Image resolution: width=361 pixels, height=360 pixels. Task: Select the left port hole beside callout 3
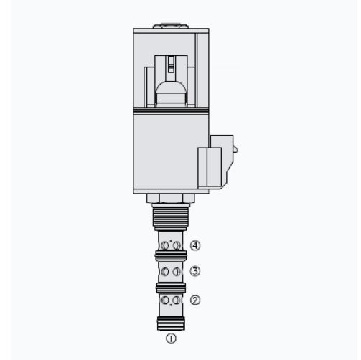[166, 272]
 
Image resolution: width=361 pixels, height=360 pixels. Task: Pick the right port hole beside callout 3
[176, 272]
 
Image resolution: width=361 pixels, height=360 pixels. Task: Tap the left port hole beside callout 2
[166, 299]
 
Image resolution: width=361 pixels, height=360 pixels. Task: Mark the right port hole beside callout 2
[176, 299]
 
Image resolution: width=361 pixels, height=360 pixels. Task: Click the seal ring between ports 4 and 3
[171, 256]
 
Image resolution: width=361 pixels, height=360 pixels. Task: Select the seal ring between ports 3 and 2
[171, 287]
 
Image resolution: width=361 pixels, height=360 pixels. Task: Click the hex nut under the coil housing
[170, 199]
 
